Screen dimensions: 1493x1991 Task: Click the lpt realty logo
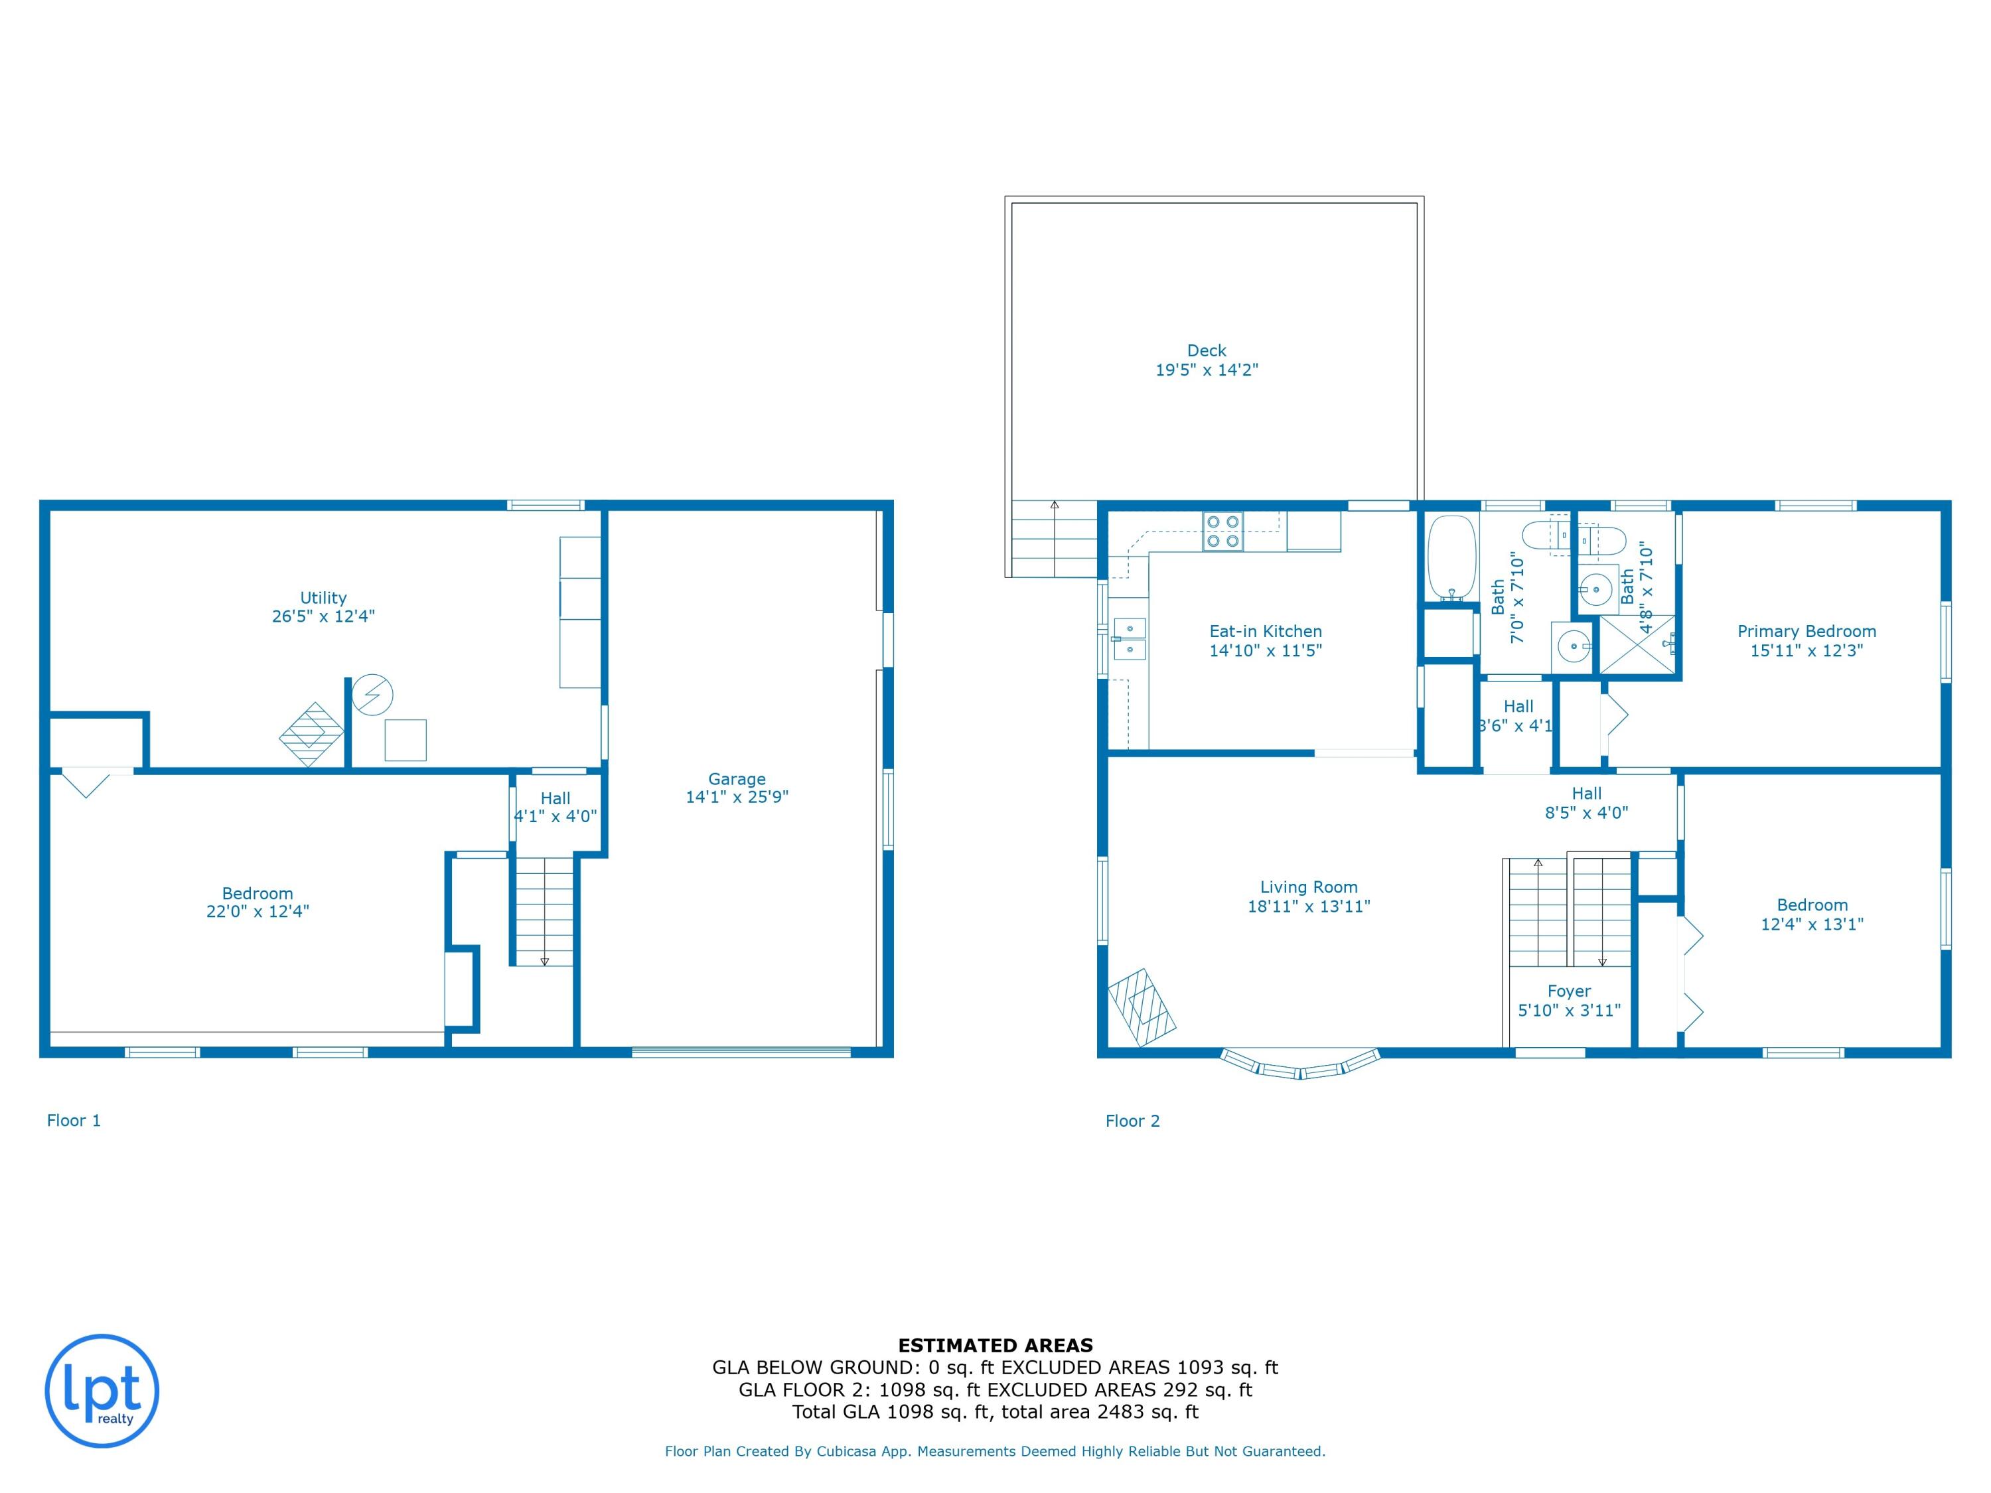point(102,1390)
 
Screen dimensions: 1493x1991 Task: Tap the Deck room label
point(1206,351)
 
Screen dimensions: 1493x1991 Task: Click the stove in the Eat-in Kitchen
point(1223,531)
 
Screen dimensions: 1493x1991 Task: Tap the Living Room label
point(1308,887)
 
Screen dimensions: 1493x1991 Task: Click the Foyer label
point(1569,991)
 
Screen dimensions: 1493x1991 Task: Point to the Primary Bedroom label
point(1806,632)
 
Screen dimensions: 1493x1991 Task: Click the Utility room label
point(323,598)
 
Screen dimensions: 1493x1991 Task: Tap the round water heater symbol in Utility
point(372,695)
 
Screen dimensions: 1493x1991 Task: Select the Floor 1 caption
point(74,1121)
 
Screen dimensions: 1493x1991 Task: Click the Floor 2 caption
point(1132,1121)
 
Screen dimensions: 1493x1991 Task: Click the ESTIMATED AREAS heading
point(995,1346)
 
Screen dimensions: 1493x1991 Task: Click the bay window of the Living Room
point(1299,1066)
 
